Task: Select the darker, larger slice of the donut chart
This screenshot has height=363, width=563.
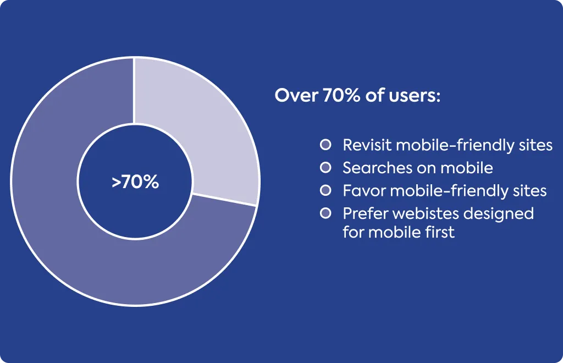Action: (72, 230)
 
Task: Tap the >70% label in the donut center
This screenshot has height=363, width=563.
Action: (135, 182)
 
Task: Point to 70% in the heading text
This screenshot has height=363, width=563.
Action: (341, 96)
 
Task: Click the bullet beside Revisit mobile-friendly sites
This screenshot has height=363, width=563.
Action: (325, 145)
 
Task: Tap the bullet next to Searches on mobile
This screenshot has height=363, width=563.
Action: (325, 167)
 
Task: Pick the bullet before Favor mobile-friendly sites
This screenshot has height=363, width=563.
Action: (325, 190)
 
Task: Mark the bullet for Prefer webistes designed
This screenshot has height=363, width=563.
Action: (325, 213)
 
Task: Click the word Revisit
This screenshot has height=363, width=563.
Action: (367, 145)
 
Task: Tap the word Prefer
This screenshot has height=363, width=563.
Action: (366, 213)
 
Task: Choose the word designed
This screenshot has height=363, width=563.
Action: (498, 214)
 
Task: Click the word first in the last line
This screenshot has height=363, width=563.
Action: (440, 232)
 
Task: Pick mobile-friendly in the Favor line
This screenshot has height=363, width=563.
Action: (449, 191)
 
